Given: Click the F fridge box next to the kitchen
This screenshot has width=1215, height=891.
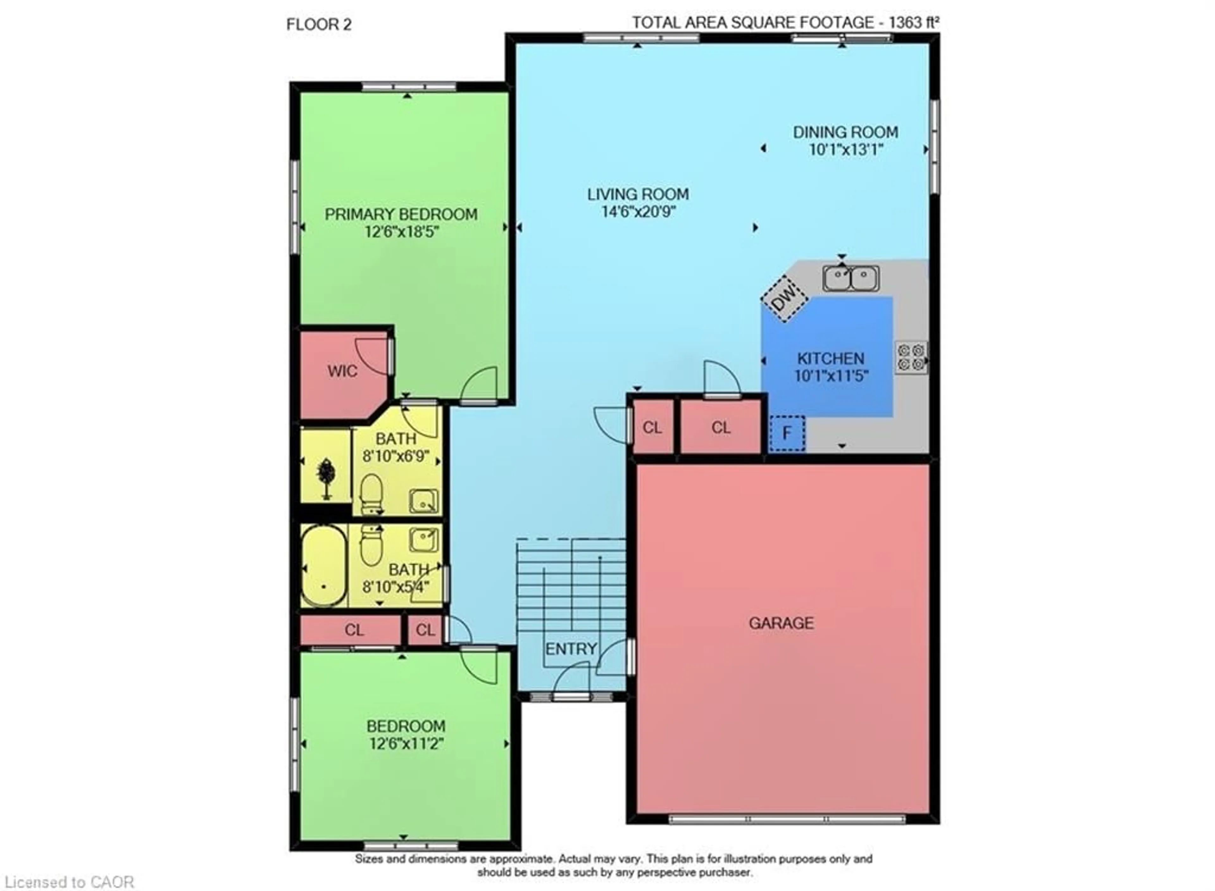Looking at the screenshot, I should point(787,433).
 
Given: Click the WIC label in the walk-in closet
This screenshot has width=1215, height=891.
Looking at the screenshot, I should point(342,371).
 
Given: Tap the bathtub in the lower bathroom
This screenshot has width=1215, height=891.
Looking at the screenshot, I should point(324,566).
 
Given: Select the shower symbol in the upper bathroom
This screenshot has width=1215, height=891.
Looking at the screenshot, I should point(325,477).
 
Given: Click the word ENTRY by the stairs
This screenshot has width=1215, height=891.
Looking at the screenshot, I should point(570,649).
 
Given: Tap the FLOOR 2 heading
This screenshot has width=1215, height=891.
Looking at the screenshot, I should point(319,25).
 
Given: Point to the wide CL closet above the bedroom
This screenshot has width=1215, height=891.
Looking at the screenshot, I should point(354,630).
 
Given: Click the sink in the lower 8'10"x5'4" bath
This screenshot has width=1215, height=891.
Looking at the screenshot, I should point(423,539).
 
